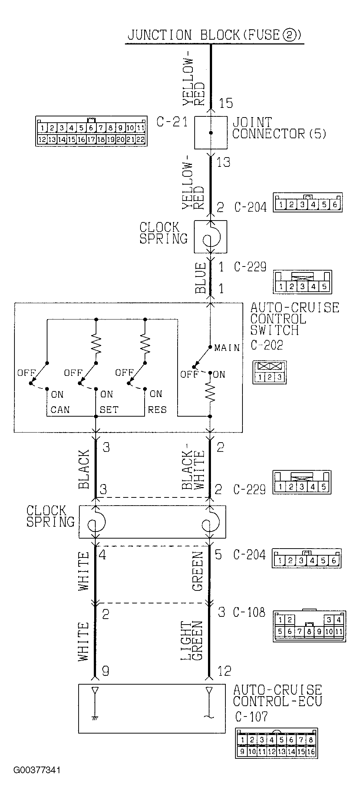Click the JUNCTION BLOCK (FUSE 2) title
click(x=214, y=35)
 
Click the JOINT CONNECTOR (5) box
click(x=211, y=133)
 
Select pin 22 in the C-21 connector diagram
click(x=140, y=140)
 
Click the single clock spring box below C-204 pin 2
click(x=211, y=237)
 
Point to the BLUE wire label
click(x=201, y=278)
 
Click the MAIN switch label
click(x=227, y=348)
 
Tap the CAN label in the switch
click(x=60, y=410)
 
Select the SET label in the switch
click(x=109, y=410)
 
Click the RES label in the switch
click(x=157, y=410)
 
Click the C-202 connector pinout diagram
click(x=270, y=372)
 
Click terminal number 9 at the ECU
click(x=105, y=671)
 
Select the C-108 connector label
click(x=249, y=612)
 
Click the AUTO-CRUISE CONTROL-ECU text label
click(x=277, y=695)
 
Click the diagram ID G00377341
click(x=37, y=770)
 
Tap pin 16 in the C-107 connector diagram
click(x=311, y=752)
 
